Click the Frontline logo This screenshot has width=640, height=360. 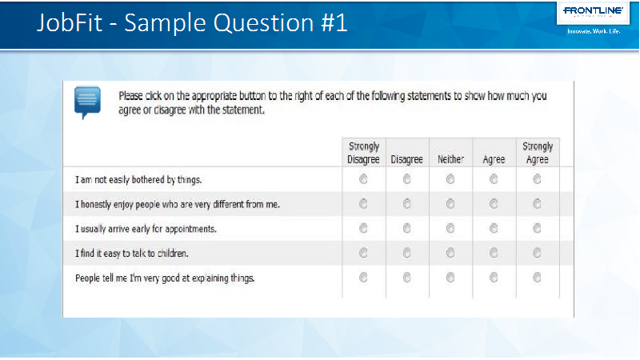pos(593,11)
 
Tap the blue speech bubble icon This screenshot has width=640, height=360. pos(87,102)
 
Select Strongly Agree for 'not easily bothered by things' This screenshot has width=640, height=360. pos(537,178)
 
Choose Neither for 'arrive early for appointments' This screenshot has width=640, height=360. pos(450,228)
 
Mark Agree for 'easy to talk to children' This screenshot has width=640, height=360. pos(494,253)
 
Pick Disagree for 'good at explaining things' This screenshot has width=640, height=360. pos(406,278)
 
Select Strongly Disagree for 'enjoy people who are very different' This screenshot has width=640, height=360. pos(363,204)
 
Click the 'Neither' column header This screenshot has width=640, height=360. pos(450,159)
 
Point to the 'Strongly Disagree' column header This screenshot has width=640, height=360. pos(363,153)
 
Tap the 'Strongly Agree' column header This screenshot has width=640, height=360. pos(538,153)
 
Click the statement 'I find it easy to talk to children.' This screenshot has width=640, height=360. pos(132,254)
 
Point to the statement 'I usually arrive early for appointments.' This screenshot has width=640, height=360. pos(146,229)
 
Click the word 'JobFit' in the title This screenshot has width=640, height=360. pos(70,22)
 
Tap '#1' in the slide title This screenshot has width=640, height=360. pos(334,22)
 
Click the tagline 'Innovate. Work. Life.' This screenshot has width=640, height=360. pos(594,31)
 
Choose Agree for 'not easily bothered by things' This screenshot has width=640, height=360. pos(494,178)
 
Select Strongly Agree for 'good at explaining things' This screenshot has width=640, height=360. pos(537,278)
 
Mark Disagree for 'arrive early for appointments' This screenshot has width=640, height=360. pos(406,228)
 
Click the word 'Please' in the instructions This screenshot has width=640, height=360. pos(130,96)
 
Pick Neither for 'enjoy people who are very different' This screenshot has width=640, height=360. pos(450,204)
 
